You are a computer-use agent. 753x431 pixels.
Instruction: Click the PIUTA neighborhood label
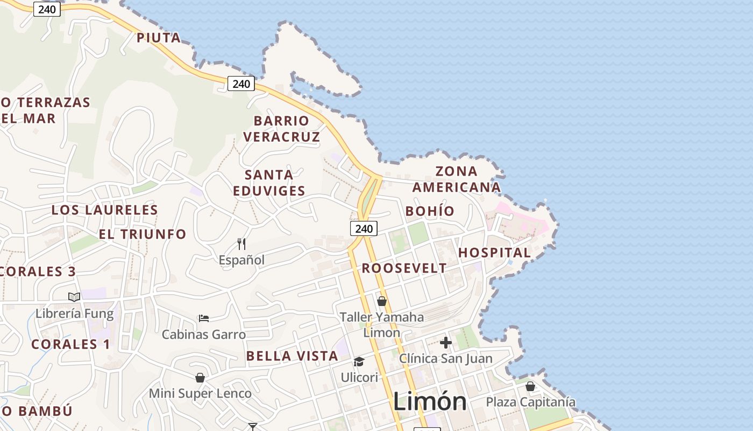coord(158,38)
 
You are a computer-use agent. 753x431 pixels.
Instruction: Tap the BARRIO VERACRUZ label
coord(281,129)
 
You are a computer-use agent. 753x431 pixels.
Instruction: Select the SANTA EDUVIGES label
coord(269,183)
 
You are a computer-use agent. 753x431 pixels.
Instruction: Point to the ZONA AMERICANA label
coord(456,179)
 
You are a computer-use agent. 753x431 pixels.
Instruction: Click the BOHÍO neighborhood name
coord(430,211)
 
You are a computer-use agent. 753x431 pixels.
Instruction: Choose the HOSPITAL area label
coord(494,253)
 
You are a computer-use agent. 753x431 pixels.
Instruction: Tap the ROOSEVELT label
coord(404,268)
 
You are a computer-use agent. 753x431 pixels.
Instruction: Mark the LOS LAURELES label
coord(104,210)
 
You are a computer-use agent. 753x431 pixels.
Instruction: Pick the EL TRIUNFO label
coord(143,234)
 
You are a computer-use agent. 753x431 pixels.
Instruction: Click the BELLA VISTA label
coord(292,356)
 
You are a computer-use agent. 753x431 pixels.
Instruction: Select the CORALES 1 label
coord(70,344)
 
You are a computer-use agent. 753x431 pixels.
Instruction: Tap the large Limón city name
coord(429,402)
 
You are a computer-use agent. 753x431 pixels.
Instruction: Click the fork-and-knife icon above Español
coord(241,244)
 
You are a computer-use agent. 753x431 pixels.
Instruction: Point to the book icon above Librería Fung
coord(74,297)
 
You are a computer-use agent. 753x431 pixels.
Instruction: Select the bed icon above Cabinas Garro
coord(204,318)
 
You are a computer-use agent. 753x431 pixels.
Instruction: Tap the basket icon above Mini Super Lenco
coord(200,378)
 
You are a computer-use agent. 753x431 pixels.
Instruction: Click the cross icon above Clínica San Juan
coord(445,343)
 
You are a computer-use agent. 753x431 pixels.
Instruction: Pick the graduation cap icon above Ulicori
coord(359,362)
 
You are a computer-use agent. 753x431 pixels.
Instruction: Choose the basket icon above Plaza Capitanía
coord(530,386)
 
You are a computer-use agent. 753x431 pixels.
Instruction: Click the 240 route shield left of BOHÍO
coord(364,228)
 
